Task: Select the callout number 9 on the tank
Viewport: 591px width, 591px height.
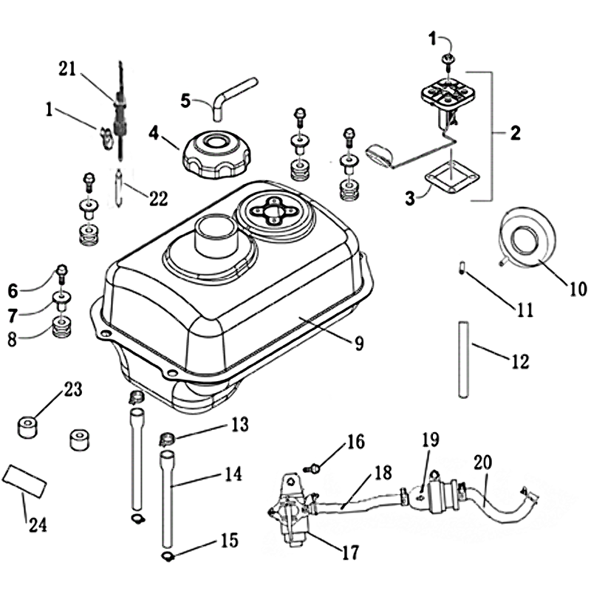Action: pyautogui.click(x=359, y=343)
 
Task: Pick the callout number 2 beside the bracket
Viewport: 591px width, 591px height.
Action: pyautogui.click(x=515, y=134)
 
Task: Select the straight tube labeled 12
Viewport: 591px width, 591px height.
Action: pyautogui.click(x=463, y=358)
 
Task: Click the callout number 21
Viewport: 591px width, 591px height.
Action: pyautogui.click(x=68, y=69)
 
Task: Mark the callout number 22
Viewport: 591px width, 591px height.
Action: pyautogui.click(x=158, y=198)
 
